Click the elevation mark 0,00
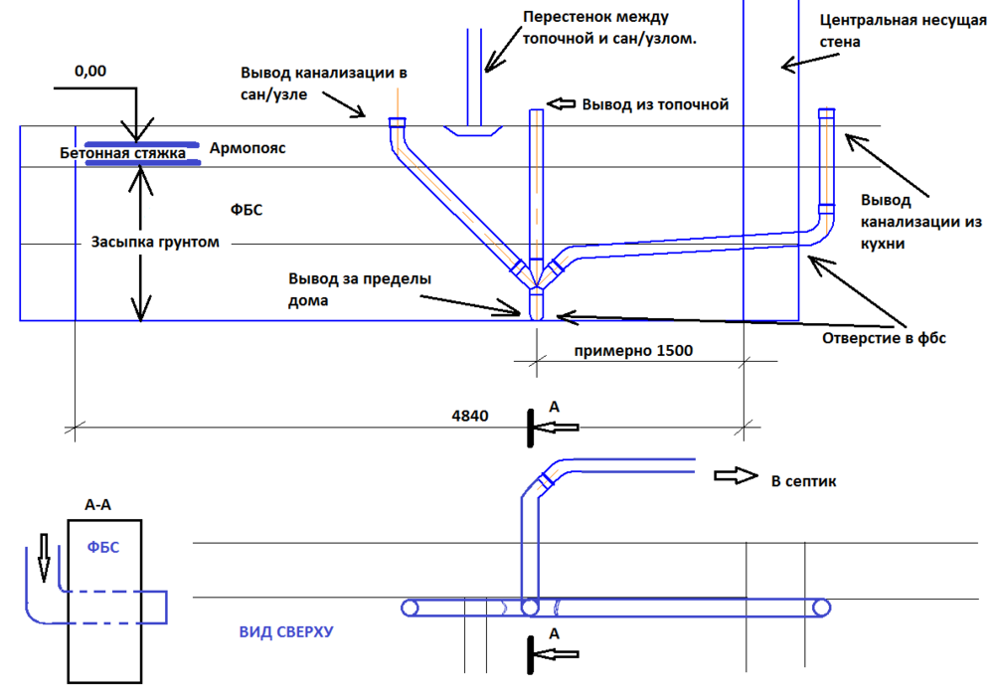click(90, 71)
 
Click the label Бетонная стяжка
click(122, 152)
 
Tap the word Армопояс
click(248, 149)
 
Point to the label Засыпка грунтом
click(155, 243)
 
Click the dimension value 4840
click(469, 417)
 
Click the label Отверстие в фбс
click(884, 337)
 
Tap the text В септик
click(804, 481)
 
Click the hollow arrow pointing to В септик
click(734, 475)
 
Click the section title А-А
click(97, 505)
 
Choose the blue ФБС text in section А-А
click(103, 546)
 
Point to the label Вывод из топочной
click(656, 103)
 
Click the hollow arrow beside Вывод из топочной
click(562, 103)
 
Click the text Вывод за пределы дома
click(360, 289)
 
